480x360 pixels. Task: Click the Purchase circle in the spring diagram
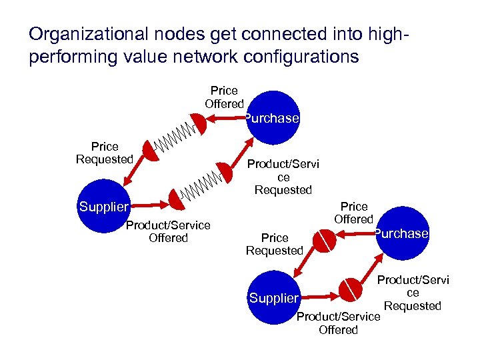tap(271, 119)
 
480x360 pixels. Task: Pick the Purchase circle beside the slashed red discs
tap(401, 233)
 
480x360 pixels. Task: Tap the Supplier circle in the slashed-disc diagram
tap(273, 298)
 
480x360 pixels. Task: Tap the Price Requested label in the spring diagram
tap(105, 153)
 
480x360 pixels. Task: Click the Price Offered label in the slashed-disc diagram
tap(353, 213)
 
